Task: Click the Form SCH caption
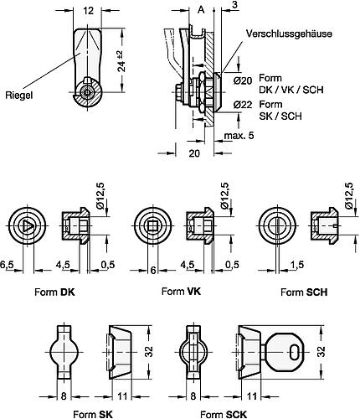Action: click(301, 292)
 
